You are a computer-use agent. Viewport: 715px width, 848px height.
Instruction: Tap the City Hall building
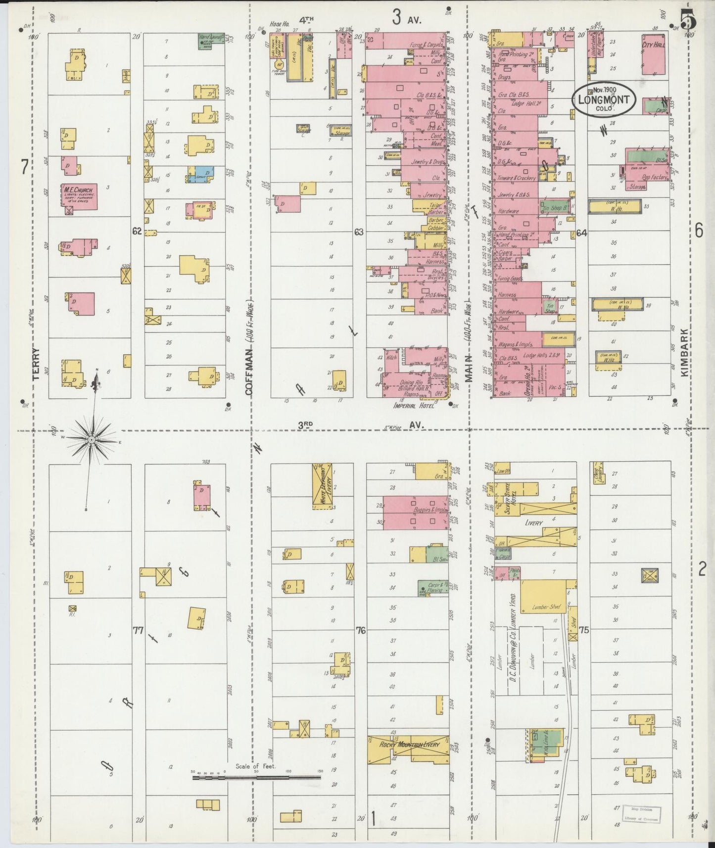click(653, 54)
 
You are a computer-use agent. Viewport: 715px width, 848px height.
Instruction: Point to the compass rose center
click(92, 439)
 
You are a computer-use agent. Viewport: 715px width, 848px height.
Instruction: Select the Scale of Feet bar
click(256, 777)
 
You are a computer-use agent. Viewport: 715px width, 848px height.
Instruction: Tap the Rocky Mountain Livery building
click(408, 744)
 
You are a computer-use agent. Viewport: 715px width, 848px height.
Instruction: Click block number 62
click(137, 231)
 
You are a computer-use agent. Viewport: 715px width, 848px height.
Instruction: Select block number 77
click(138, 630)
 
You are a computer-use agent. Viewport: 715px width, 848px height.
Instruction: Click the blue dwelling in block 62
click(201, 174)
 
